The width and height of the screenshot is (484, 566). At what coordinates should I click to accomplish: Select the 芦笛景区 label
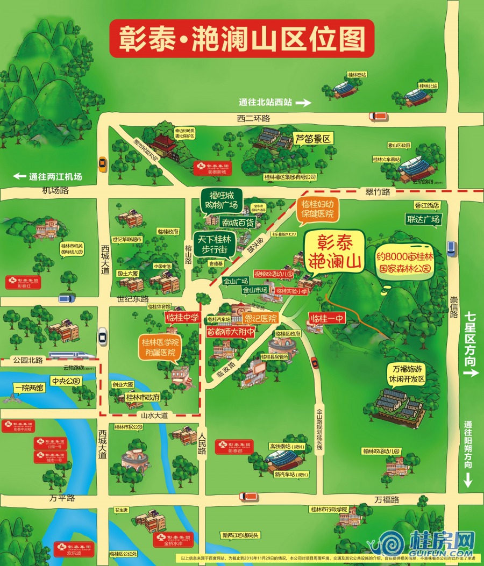314,139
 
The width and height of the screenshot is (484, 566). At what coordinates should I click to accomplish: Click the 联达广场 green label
423,219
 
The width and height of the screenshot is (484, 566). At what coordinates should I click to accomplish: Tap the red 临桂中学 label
182,317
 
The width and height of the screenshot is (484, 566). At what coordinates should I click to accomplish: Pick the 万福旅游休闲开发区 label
406,374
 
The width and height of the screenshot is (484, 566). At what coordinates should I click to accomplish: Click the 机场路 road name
56,190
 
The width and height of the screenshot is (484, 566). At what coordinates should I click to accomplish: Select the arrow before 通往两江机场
20,176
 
